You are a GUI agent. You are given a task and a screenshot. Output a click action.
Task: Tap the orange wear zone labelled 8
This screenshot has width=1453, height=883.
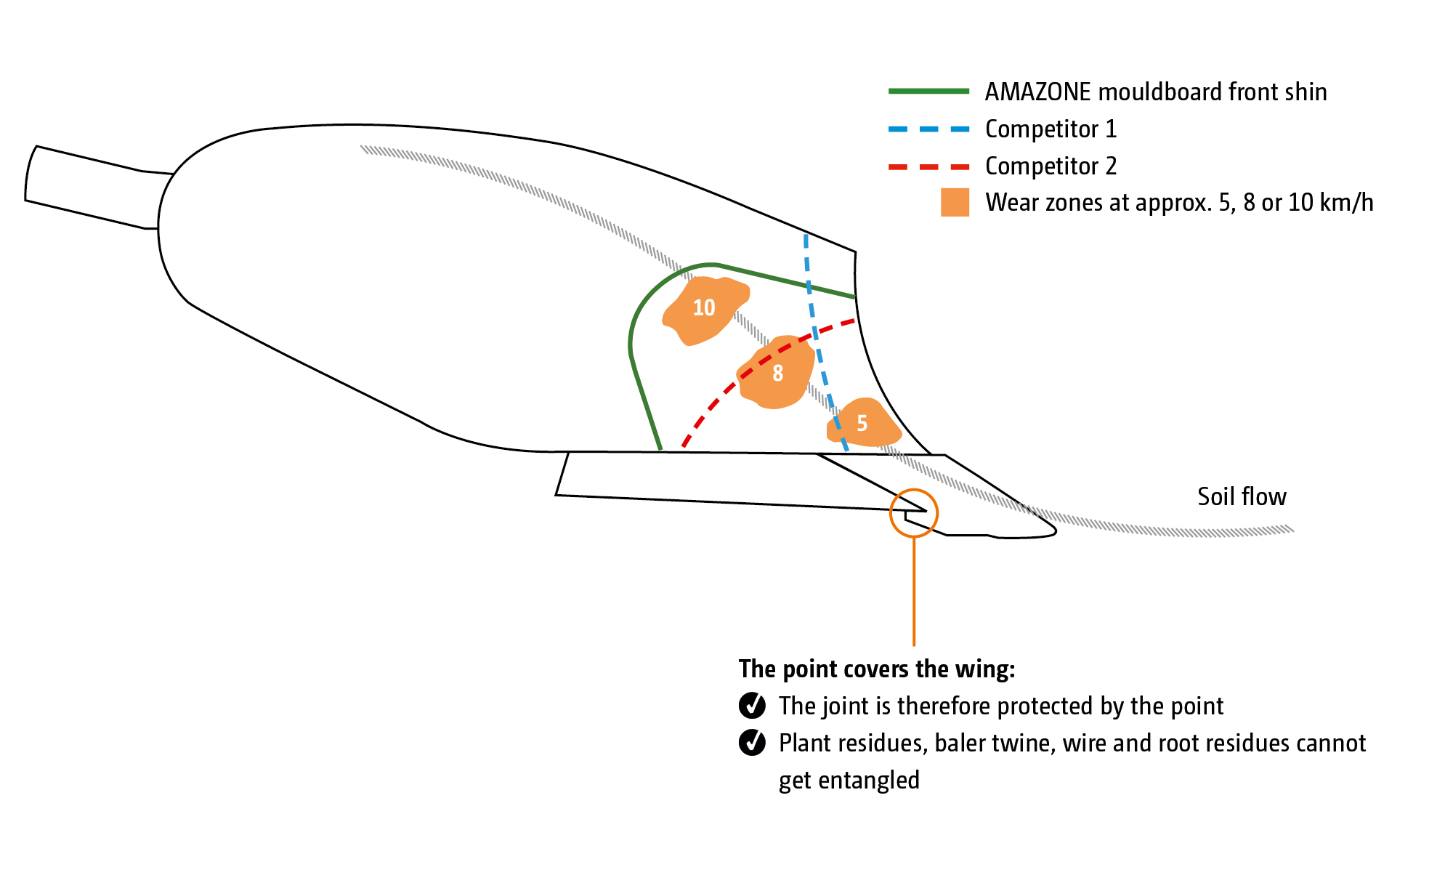coord(776,373)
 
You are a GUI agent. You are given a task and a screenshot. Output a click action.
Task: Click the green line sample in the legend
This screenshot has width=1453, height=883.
coord(928,92)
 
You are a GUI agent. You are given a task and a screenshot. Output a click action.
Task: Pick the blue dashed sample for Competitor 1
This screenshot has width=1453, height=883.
coord(928,129)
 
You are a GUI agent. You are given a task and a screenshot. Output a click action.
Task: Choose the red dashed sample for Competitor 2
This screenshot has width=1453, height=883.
coord(928,167)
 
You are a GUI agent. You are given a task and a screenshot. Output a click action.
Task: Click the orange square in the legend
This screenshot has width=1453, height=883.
coord(955,203)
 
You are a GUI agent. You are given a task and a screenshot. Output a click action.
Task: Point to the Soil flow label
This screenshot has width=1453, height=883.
coord(1242,497)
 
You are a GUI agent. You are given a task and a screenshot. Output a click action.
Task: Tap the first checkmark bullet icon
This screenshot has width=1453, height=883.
coord(752,706)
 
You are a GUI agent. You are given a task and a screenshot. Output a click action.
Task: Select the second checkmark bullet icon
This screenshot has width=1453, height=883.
coord(752,743)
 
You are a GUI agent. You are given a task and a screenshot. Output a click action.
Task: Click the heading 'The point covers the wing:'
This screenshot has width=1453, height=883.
coord(876,669)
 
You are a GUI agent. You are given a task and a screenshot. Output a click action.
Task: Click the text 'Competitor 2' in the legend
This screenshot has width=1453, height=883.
coord(1051,166)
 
